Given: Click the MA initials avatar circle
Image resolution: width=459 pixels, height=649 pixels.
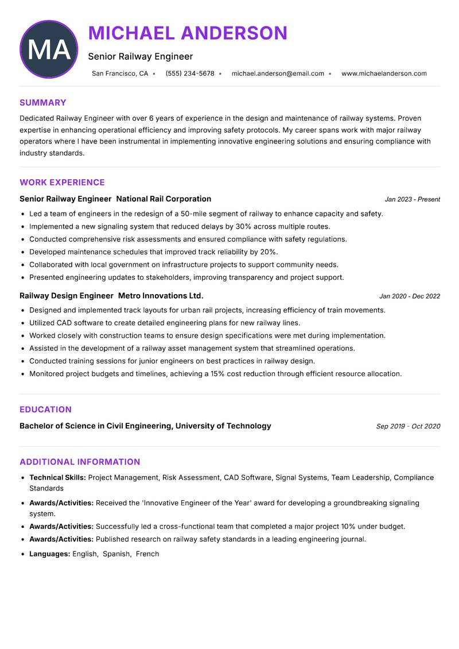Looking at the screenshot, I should [49, 49].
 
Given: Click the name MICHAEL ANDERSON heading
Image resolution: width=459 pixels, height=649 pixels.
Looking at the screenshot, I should [188, 33].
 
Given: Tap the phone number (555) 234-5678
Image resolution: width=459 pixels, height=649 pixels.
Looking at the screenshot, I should [189, 74].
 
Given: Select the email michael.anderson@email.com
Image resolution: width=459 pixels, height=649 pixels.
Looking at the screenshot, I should [278, 74].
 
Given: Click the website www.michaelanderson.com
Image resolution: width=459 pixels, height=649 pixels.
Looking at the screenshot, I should [384, 74].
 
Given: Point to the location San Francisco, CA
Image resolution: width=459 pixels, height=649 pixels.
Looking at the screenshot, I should [120, 74].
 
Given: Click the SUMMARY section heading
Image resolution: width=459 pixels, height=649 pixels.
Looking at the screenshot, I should [43, 103].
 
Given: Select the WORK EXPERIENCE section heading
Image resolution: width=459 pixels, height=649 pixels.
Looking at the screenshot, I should [62, 183].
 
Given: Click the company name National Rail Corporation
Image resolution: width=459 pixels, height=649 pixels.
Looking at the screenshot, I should [164, 199].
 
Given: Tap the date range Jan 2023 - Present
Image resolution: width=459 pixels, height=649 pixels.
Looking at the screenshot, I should [412, 199].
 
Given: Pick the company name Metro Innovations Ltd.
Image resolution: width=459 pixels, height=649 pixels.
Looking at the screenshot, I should [161, 296].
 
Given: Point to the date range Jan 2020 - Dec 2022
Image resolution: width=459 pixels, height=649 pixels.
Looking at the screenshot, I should [410, 296].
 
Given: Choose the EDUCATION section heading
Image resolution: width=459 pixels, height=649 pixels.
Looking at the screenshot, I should [45, 410].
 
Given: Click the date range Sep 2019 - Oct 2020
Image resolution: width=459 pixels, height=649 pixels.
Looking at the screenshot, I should [408, 426].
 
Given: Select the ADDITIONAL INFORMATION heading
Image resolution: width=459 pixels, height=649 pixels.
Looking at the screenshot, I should [80, 462].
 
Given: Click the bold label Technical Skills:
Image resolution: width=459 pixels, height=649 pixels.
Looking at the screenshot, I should [57, 478].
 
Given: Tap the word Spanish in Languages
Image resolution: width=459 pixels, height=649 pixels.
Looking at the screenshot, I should [116, 554].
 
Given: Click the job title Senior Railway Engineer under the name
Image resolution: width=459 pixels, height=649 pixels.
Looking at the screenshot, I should [141, 56].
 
